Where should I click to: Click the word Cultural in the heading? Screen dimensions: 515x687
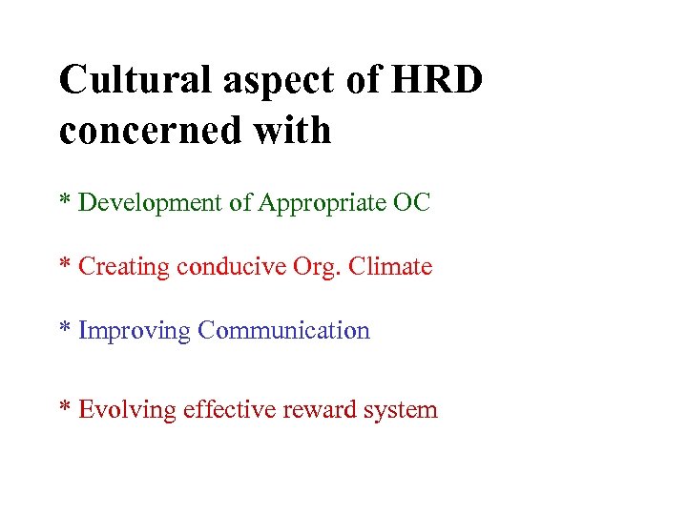pos(135,80)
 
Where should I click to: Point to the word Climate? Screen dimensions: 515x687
pos(390,266)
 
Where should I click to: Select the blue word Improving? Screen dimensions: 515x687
pos(135,332)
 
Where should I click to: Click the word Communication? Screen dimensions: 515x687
pos(283,331)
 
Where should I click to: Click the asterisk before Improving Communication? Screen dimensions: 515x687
pos(66,329)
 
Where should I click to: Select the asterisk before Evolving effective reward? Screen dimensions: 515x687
pos(66,408)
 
